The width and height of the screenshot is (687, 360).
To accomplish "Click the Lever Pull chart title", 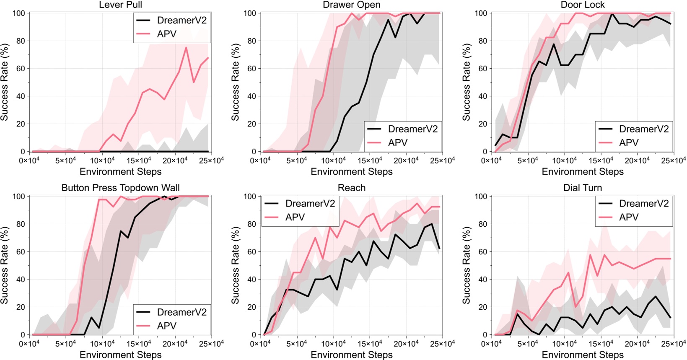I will coord(120,5).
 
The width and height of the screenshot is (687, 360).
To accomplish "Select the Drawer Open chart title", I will coord(351,5).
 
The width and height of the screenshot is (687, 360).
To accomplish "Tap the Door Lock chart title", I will coord(583,5).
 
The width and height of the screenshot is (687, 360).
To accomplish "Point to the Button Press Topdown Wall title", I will coord(120,188).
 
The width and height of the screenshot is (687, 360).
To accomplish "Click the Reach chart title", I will coord(351,188).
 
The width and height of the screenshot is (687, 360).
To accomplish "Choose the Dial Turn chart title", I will coord(583,188).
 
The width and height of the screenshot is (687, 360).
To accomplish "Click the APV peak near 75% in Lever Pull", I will coord(186,47).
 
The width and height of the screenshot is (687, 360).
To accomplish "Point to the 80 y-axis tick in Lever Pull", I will coord(20,41).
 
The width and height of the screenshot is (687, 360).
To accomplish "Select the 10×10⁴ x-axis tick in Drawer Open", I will coord(334,160).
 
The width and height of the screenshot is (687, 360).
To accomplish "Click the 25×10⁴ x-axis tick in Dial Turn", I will coord(674,344).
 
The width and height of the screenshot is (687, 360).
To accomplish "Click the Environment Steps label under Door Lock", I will coord(583,172).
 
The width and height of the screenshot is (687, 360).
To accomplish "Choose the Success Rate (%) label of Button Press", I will coord(5,265).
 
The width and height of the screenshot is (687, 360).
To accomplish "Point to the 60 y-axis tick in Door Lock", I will coord(482,69).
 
